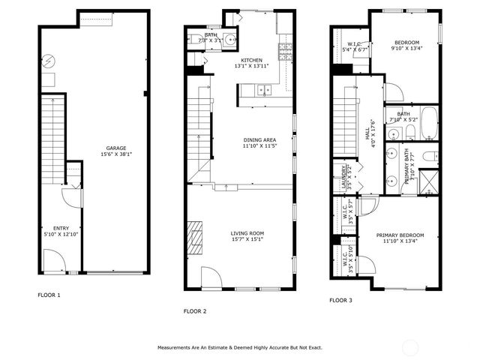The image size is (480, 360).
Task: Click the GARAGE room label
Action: pyautogui.click(x=115, y=148)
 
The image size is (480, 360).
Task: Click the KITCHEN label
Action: pyautogui.click(x=251, y=60)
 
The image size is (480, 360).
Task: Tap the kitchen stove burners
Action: pyautogui.click(x=285, y=51)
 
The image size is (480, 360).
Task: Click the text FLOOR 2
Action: pyautogui.click(x=195, y=310)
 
